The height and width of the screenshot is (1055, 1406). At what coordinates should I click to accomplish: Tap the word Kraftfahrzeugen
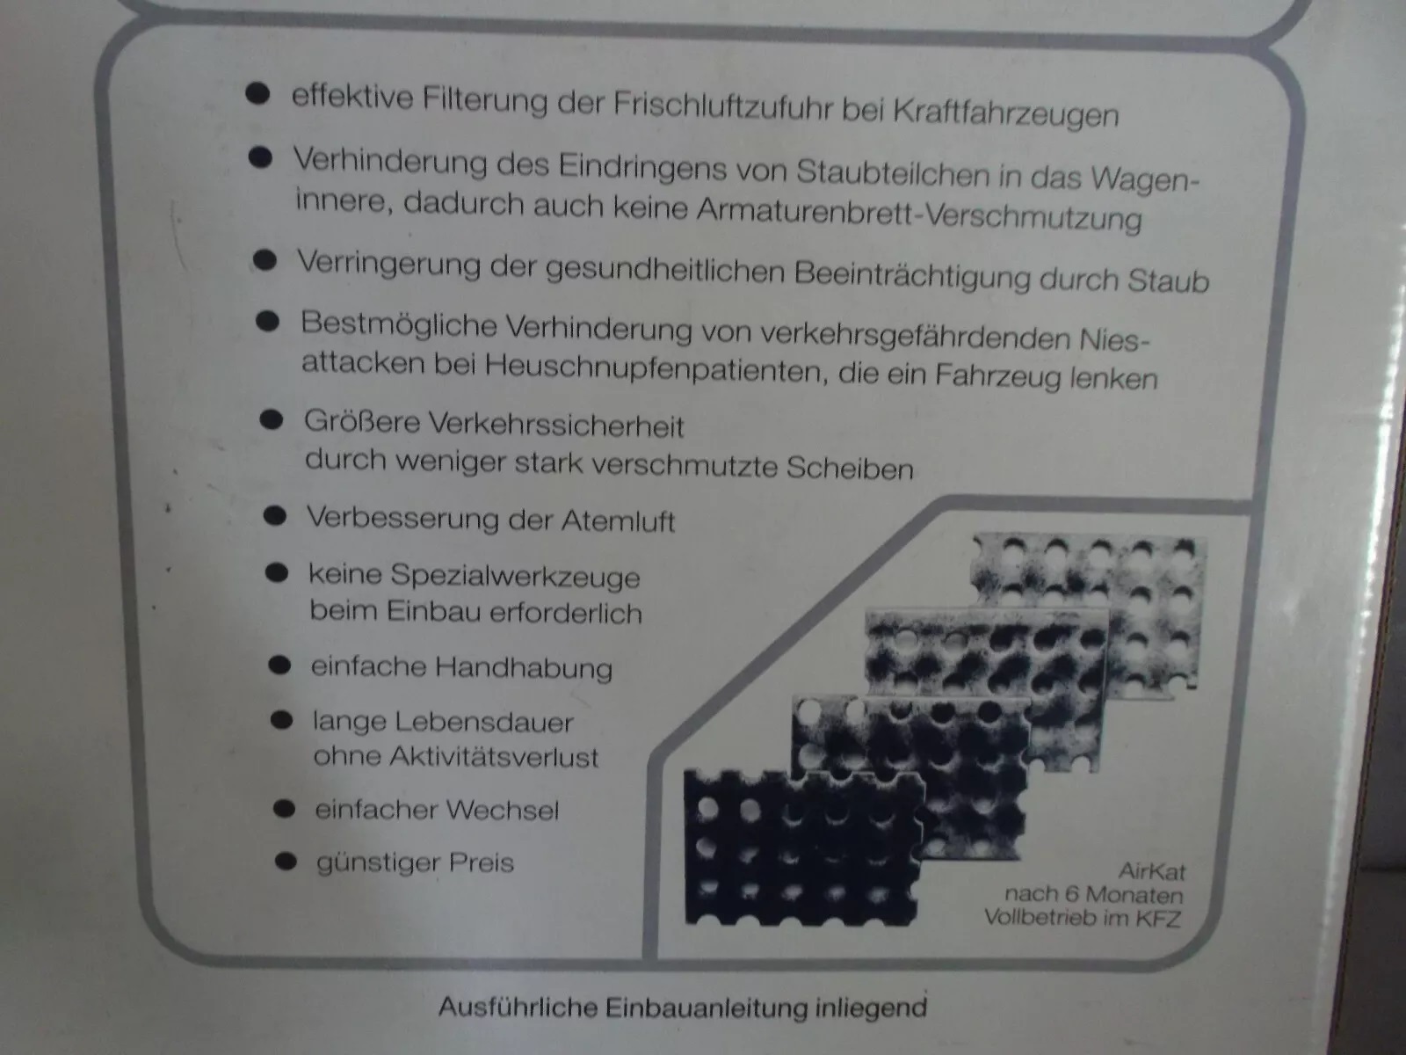[x=1005, y=113]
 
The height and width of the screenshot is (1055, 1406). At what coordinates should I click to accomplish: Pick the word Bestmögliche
[x=398, y=324]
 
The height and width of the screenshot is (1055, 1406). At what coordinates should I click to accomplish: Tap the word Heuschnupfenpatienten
[x=656, y=367]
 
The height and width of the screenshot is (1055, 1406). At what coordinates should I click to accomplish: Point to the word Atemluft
[x=618, y=520]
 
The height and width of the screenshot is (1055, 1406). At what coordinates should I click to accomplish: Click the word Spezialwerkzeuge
[x=515, y=576]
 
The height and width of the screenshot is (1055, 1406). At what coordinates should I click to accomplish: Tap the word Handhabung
[x=524, y=668]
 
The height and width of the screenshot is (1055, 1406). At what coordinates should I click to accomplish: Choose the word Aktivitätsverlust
[x=493, y=757]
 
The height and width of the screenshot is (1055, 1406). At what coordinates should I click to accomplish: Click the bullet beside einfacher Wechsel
[x=285, y=808]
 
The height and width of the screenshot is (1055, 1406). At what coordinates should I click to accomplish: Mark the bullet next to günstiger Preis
[x=286, y=862]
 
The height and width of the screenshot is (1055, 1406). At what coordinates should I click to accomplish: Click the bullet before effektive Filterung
[x=257, y=93]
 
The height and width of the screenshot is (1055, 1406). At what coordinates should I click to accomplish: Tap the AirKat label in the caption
[x=1151, y=871]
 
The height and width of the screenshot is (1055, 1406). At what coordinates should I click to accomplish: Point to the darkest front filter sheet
[x=803, y=849]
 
